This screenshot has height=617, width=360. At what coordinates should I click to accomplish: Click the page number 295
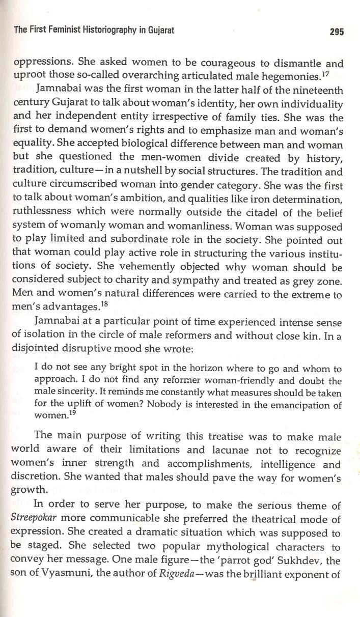337,32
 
